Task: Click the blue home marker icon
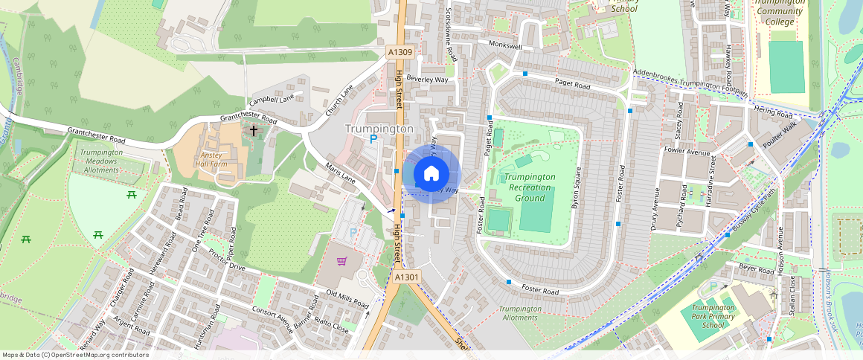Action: (x=431, y=174)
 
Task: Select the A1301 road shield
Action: (x=408, y=277)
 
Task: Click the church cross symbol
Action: (x=254, y=131)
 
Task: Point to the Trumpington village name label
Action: (x=379, y=129)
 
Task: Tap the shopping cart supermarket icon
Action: (x=341, y=261)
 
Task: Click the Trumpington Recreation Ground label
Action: (x=530, y=187)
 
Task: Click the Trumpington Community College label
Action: (x=779, y=12)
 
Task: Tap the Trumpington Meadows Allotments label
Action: (x=101, y=161)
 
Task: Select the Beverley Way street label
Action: (x=431, y=78)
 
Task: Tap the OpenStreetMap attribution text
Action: (x=74, y=355)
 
